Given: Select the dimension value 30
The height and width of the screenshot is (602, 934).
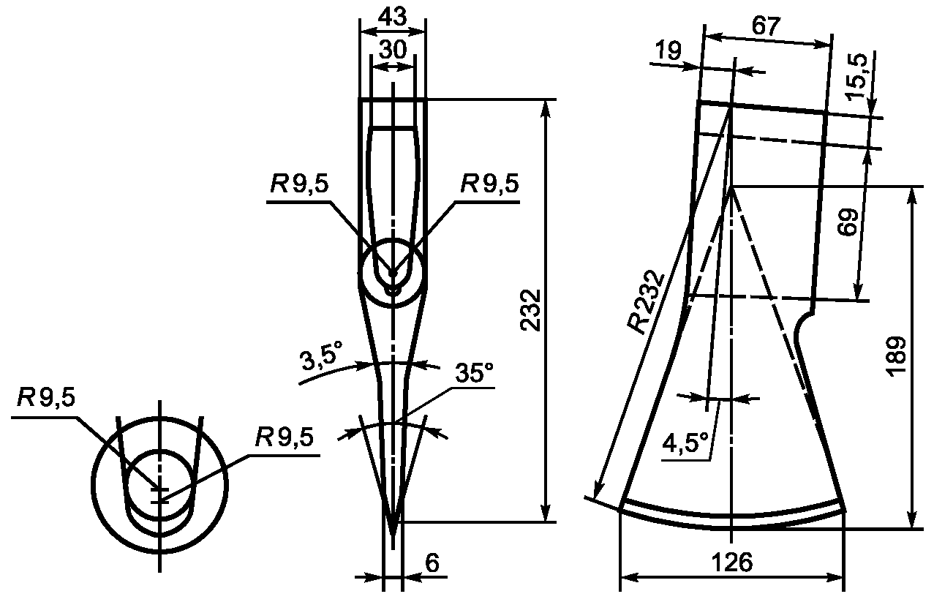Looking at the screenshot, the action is click(x=393, y=50).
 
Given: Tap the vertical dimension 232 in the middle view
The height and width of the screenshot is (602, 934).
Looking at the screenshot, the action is click(x=530, y=310).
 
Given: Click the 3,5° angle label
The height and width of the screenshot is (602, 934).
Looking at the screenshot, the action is click(x=322, y=355).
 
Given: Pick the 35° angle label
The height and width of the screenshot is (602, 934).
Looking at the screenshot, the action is click(x=474, y=372).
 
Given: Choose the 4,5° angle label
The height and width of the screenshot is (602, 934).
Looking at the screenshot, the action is click(x=685, y=443).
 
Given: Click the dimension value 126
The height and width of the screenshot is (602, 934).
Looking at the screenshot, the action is click(x=732, y=563).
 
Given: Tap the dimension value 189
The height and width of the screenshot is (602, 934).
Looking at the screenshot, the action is click(x=897, y=356).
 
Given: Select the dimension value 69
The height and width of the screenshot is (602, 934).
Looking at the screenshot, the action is click(x=849, y=222).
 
